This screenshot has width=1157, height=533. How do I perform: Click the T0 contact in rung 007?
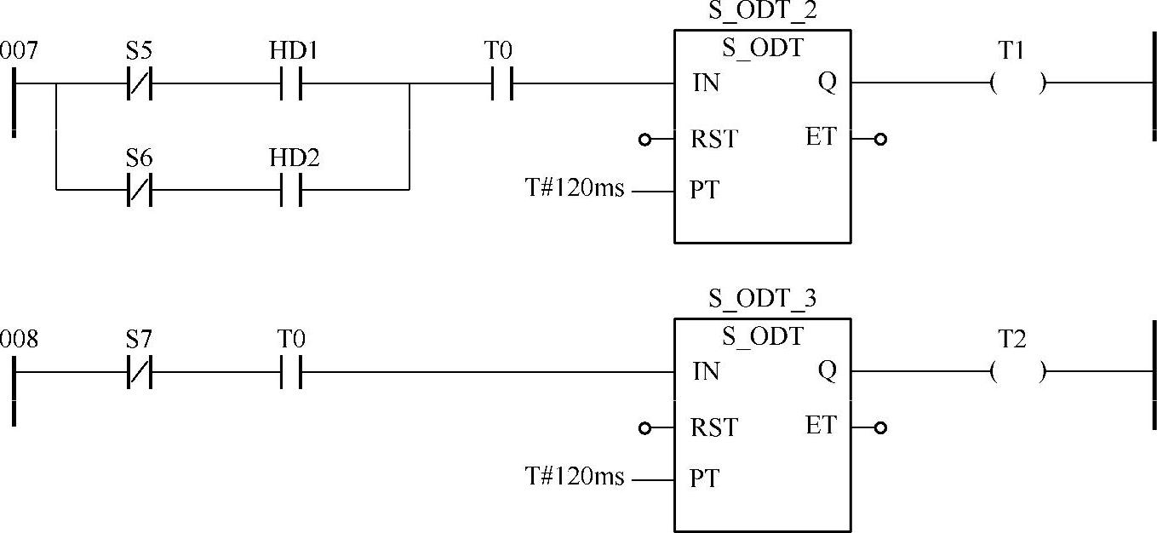[501, 84]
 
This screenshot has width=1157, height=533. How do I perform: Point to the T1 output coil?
[1018, 84]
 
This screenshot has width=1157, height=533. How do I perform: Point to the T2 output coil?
[1018, 372]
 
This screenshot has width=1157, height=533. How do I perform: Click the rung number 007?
[19, 52]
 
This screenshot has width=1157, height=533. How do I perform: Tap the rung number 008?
[19, 340]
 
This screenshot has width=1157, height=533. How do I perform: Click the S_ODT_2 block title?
[763, 12]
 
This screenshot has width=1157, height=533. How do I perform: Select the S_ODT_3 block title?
[763, 300]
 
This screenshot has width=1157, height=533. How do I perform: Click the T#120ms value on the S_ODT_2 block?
[574, 189]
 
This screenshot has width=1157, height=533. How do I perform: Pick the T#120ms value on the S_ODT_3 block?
[574, 478]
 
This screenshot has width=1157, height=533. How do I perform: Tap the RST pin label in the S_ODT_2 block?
[714, 139]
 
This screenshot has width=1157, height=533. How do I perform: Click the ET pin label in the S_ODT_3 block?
[821, 425]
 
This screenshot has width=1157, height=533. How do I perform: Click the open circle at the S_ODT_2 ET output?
[880, 139]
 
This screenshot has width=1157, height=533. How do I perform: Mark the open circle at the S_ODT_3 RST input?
[644, 427]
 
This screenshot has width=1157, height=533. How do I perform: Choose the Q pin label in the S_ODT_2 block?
[827, 83]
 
